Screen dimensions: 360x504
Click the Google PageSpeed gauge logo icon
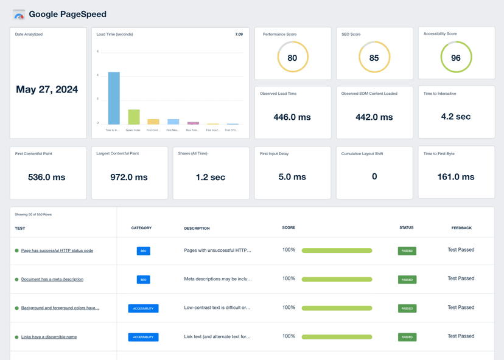pos(19,14)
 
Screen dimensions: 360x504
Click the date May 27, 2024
pos(47,89)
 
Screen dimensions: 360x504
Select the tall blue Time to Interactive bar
pos(114,98)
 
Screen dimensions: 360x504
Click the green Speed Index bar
pos(133,117)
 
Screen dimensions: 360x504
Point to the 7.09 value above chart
pos(239,35)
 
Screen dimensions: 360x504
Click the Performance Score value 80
pos(292,58)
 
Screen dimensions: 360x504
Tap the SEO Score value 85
pos(374,58)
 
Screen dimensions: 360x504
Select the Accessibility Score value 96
pos(455,58)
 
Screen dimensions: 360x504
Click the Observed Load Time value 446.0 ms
pos(292,117)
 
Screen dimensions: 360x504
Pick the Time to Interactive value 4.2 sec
pos(455,117)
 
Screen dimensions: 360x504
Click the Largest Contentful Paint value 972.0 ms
pos(129,177)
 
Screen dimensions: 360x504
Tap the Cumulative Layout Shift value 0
pos(374,176)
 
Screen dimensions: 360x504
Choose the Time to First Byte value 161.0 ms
pos(455,177)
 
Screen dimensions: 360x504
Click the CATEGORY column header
pos(141,228)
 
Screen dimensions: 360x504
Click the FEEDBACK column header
pos(461,228)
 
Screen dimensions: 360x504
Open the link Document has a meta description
pos(52,279)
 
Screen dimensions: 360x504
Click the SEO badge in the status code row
pos(143,251)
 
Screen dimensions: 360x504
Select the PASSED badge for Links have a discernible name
pos(407,337)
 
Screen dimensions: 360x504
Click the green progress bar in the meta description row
pos(337,279)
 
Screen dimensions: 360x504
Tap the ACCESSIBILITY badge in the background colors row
pos(143,308)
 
